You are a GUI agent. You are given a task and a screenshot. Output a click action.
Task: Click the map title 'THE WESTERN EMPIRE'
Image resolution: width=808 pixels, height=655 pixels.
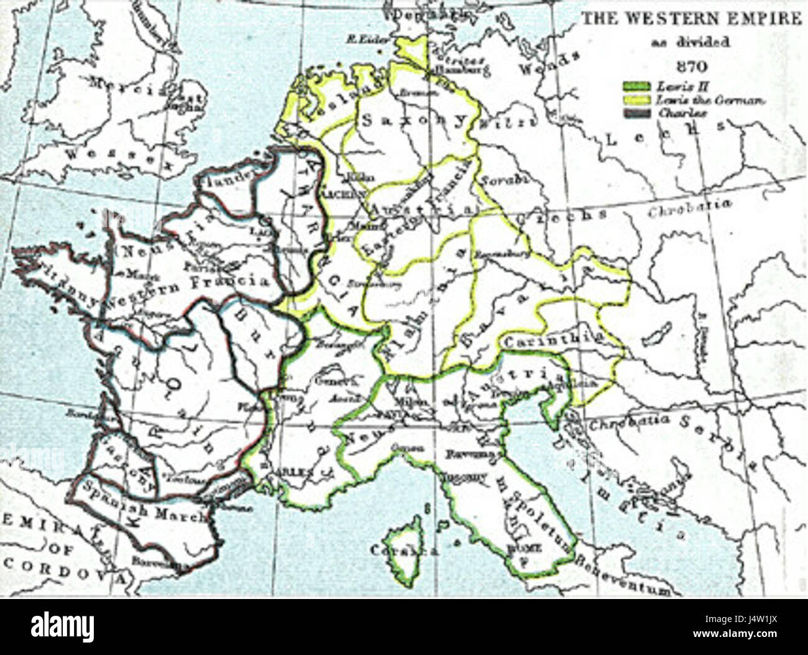tap(691, 19)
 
